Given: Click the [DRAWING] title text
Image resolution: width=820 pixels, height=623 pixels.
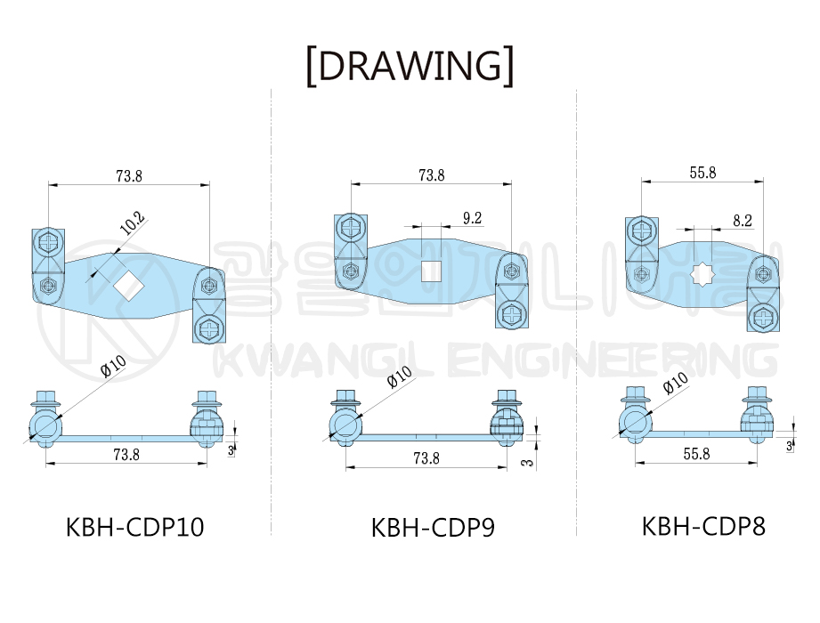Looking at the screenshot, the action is pyautogui.click(x=410, y=66).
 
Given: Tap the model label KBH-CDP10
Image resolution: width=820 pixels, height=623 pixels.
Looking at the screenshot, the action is pyautogui.click(x=135, y=527).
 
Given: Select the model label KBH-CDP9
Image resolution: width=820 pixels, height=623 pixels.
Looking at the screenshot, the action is pyautogui.click(x=433, y=528).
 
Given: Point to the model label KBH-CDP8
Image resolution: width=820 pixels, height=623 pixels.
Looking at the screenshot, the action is pyautogui.click(x=703, y=526).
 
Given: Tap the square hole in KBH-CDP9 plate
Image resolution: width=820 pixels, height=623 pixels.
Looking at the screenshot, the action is pyautogui.click(x=432, y=271).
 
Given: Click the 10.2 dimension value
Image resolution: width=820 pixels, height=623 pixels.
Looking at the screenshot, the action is pyautogui.click(x=133, y=223).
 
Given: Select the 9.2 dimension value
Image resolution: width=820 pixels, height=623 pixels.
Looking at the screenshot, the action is pyautogui.click(x=472, y=218).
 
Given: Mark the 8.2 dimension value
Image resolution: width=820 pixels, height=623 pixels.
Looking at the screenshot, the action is pyautogui.click(x=742, y=221).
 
